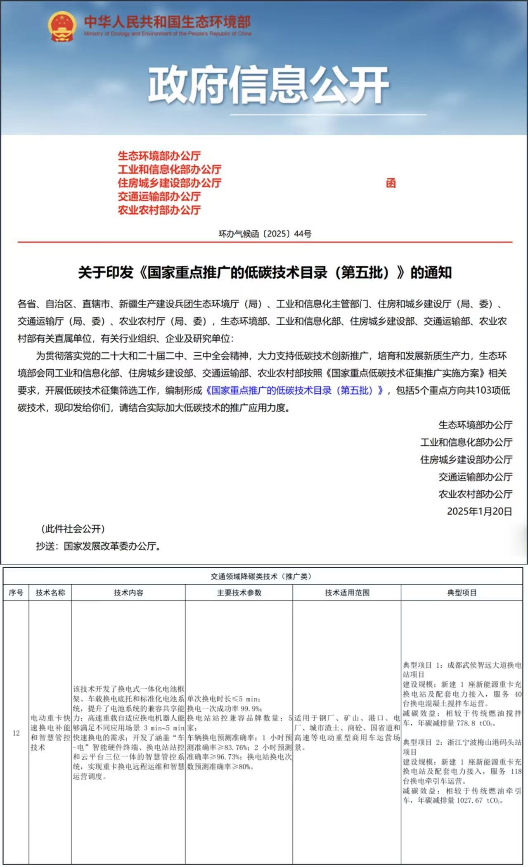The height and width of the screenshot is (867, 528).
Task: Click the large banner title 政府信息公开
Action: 268,85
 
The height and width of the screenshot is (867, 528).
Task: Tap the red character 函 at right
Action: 391,183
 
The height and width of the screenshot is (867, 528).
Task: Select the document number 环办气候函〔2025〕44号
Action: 265,234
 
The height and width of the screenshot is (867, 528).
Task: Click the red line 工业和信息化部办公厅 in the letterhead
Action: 170,170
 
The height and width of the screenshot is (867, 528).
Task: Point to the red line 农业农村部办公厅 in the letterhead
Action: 159,210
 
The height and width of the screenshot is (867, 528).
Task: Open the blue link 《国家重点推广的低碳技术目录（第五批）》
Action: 295,390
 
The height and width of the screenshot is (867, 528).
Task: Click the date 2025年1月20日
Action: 479,512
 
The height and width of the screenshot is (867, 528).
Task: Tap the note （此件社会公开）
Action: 73,529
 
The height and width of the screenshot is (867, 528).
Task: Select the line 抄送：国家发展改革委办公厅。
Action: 98,546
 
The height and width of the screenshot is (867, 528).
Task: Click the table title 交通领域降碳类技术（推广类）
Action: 261,576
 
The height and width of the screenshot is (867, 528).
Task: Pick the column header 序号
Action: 16,593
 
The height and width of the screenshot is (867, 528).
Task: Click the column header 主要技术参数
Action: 239,593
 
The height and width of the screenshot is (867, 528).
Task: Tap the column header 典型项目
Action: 462,593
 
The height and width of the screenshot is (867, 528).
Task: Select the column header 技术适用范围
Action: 347,593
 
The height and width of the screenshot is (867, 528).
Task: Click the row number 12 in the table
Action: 16,733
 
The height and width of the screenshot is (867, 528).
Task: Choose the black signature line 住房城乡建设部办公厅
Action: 466,460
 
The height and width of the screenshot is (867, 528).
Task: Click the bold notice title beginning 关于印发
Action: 265,273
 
